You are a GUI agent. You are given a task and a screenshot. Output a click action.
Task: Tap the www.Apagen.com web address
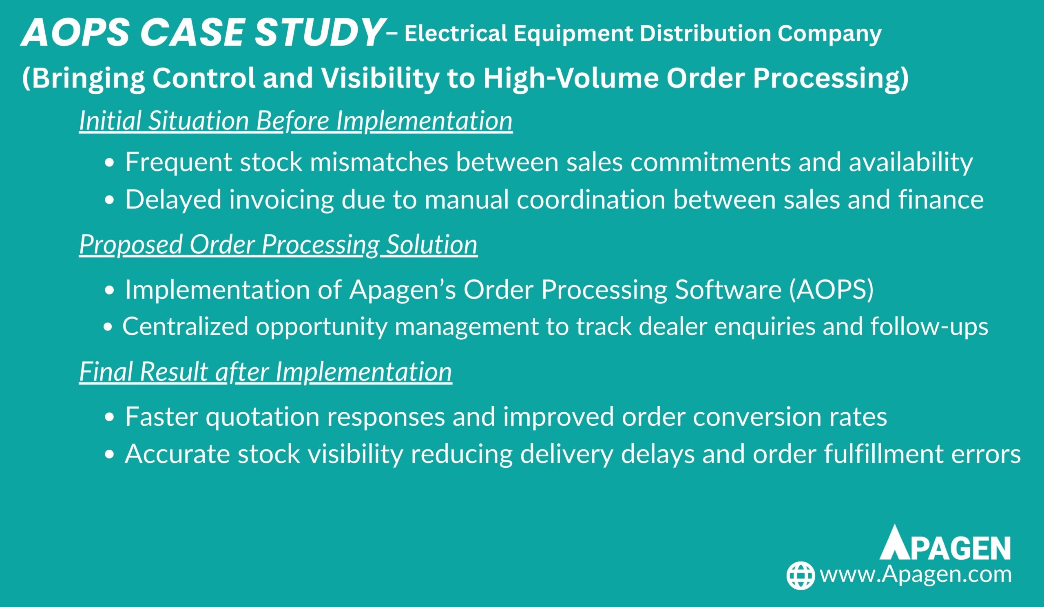point(916,575)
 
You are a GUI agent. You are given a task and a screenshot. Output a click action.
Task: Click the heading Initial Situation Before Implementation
point(296,121)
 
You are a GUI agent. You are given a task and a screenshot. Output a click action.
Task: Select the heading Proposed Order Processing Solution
point(279,245)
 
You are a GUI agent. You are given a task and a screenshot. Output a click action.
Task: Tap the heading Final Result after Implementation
point(265,372)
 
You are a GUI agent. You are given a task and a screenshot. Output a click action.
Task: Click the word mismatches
point(379,162)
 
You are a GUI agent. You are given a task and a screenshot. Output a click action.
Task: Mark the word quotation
point(263,417)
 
